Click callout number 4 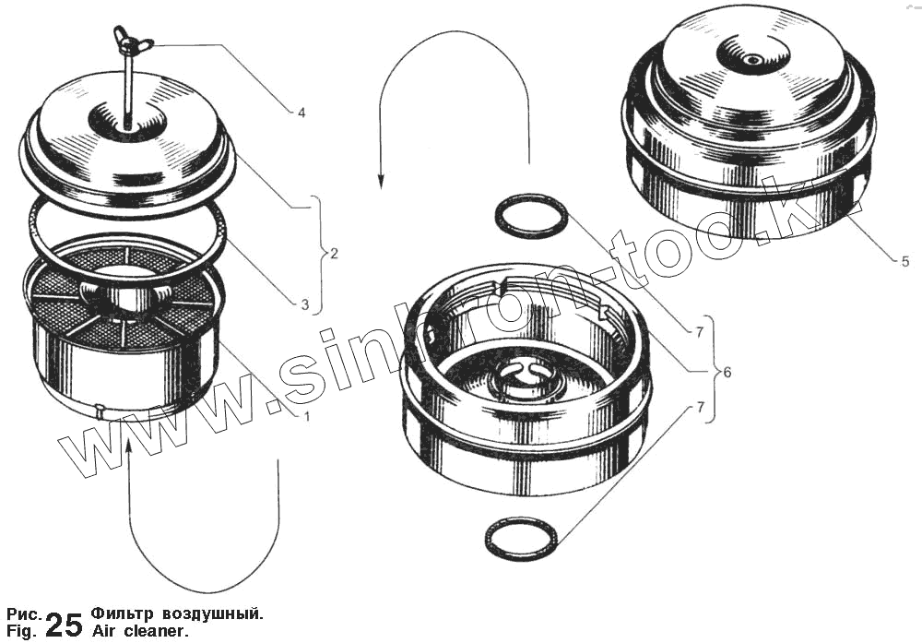(x=301, y=113)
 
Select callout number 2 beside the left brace (x=334, y=254)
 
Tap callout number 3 (x=304, y=304)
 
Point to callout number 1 (x=306, y=416)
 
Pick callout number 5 (x=905, y=261)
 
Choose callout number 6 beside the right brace (x=727, y=372)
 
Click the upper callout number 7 (x=699, y=333)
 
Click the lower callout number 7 (x=700, y=408)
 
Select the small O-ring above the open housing (x=533, y=200)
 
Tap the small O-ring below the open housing (x=521, y=518)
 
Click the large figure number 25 (x=64, y=625)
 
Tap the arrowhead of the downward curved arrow (x=381, y=180)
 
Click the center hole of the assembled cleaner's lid (x=752, y=59)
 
